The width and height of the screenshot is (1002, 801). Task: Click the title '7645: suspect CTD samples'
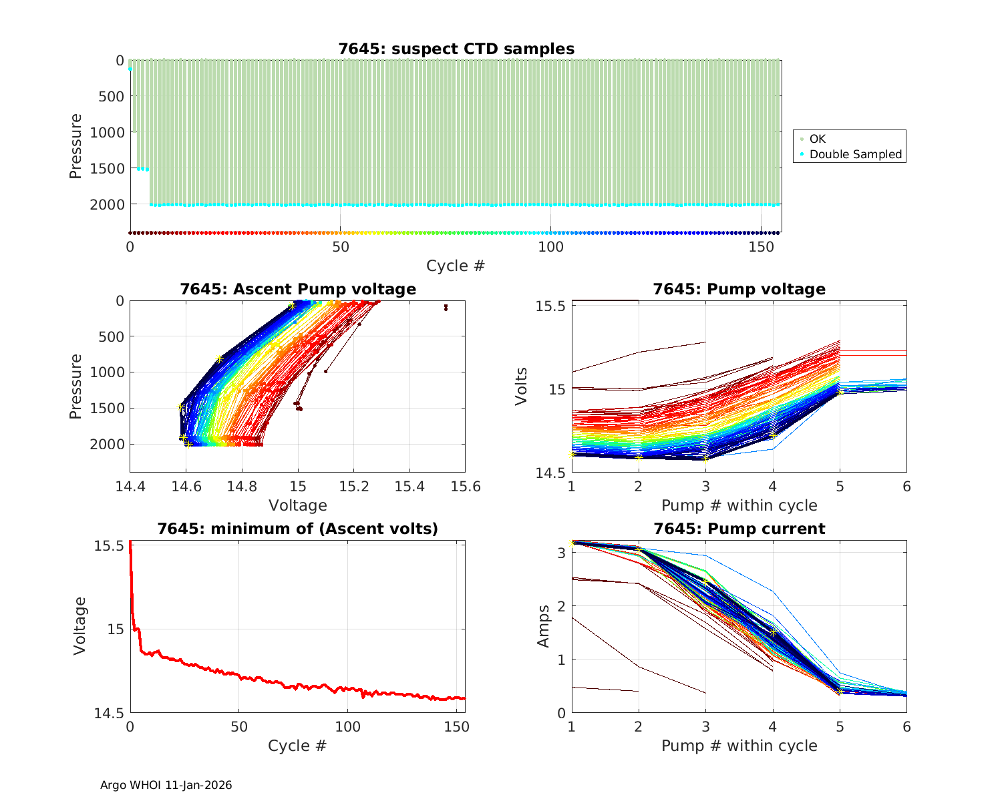pyautogui.click(x=456, y=49)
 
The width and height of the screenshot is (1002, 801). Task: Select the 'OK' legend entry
pyautogui.click(x=817, y=139)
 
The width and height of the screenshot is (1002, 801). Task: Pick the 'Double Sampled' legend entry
pyautogui.click(x=855, y=154)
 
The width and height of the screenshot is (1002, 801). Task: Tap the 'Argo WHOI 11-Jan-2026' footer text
pyautogui.click(x=166, y=785)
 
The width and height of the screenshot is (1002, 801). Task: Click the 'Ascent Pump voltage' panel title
pyautogui.click(x=297, y=289)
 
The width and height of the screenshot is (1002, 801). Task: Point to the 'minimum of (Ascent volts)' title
pyautogui.click(x=297, y=529)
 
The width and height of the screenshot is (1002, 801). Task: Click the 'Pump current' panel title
pyautogui.click(x=739, y=529)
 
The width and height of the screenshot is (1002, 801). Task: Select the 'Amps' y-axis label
pyautogui.click(x=544, y=625)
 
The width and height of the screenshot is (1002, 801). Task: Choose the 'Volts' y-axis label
pyautogui.click(x=522, y=386)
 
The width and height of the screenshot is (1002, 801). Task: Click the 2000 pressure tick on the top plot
pyautogui.click(x=107, y=204)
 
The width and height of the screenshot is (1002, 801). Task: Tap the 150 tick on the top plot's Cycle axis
pyautogui.click(x=761, y=246)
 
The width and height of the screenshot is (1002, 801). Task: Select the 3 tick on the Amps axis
pyautogui.click(x=562, y=553)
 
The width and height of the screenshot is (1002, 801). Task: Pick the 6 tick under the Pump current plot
pyautogui.click(x=906, y=726)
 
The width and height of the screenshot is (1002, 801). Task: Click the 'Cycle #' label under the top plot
pyautogui.click(x=456, y=266)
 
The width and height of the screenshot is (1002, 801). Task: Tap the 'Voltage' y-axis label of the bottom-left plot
pyautogui.click(x=80, y=625)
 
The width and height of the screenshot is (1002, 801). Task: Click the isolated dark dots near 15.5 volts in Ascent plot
pyautogui.click(x=446, y=307)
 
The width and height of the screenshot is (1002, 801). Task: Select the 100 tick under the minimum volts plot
pyautogui.click(x=347, y=726)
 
